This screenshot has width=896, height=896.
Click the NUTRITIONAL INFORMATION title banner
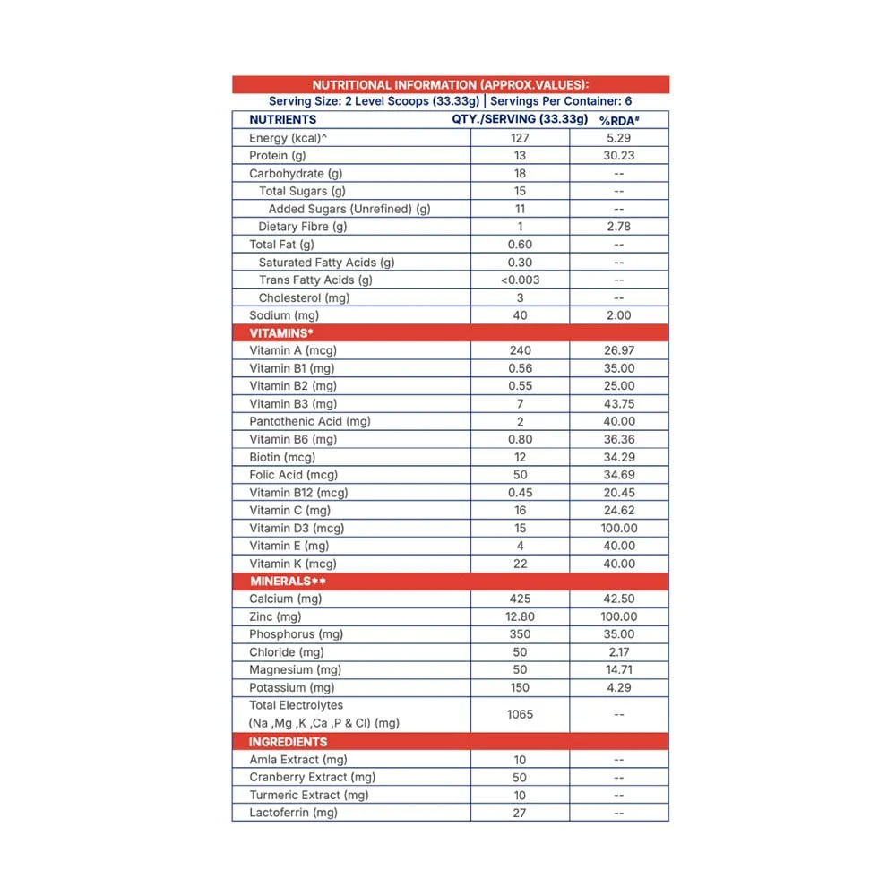tap(451, 84)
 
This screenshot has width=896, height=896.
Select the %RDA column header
tap(618, 120)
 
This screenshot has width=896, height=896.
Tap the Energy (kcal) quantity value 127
tap(520, 138)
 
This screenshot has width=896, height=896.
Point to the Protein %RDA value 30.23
tap(618, 156)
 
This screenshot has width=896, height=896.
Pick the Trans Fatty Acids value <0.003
tap(520, 280)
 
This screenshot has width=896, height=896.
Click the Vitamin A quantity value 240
tap(520, 350)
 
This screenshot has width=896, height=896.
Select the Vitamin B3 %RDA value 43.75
tap(618, 404)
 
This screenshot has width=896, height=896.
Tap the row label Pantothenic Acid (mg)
tap(310, 421)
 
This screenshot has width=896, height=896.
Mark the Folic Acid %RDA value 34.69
tap(618, 475)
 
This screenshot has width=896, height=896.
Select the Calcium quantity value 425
tap(520, 599)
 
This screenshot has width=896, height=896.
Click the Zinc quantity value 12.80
tap(520, 616)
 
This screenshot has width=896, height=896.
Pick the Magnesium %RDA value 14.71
tap(618, 669)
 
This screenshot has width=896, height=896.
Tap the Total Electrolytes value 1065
tap(520, 714)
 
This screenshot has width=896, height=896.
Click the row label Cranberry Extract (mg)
tap(312, 777)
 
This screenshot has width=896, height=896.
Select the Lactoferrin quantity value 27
tap(520, 813)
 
